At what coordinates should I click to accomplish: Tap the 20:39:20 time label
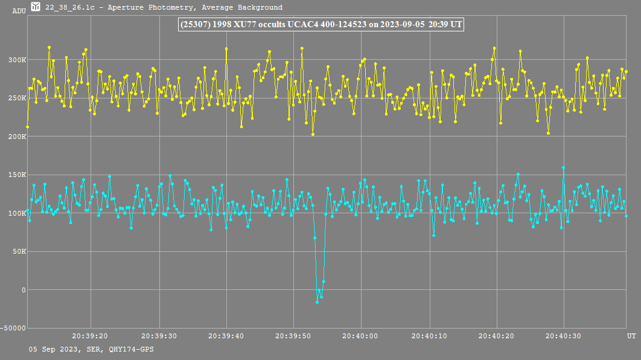[x=90, y=335]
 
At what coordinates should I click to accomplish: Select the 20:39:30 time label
[x=158, y=335]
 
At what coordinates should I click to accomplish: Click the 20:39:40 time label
[x=226, y=335]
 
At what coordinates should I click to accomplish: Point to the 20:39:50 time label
[x=293, y=335]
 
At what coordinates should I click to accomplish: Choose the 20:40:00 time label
[x=361, y=335]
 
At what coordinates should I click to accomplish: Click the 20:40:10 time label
[x=429, y=335]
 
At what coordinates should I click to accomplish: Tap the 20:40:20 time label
[x=496, y=335]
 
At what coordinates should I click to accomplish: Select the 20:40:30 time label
[x=564, y=335]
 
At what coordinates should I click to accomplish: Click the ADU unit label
[x=19, y=11]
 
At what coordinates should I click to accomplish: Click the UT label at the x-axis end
[x=631, y=335]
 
